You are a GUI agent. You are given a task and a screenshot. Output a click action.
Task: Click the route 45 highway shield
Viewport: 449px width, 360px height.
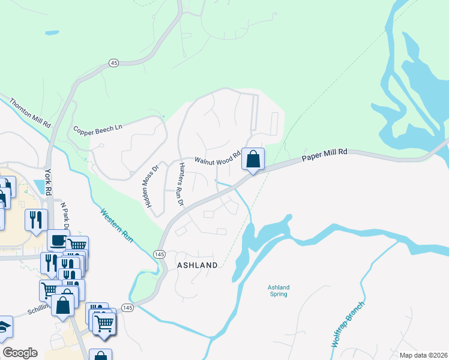[x=113, y=63]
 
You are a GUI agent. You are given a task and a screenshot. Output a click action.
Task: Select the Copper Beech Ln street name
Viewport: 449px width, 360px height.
[x=98, y=129]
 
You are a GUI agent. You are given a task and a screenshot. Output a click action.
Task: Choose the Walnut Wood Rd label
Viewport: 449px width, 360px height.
[x=217, y=160]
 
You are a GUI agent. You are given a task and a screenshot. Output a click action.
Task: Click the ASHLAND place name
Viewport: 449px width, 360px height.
[x=196, y=265]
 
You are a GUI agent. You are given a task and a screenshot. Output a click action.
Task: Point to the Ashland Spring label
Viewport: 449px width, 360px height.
[x=277, y=290]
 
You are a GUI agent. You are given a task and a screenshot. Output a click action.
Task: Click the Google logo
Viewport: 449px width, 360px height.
[x=20, y=353]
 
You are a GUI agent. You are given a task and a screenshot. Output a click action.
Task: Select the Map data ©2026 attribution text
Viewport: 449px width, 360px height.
[x=423, y=355]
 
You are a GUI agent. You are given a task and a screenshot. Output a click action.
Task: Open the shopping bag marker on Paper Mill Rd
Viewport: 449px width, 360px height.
[x=253, y=160]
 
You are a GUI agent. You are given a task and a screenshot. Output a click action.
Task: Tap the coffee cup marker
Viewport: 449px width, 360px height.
[x=58, y=240]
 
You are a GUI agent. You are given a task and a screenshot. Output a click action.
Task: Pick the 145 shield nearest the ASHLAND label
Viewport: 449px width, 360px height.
[x=159, y=254]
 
